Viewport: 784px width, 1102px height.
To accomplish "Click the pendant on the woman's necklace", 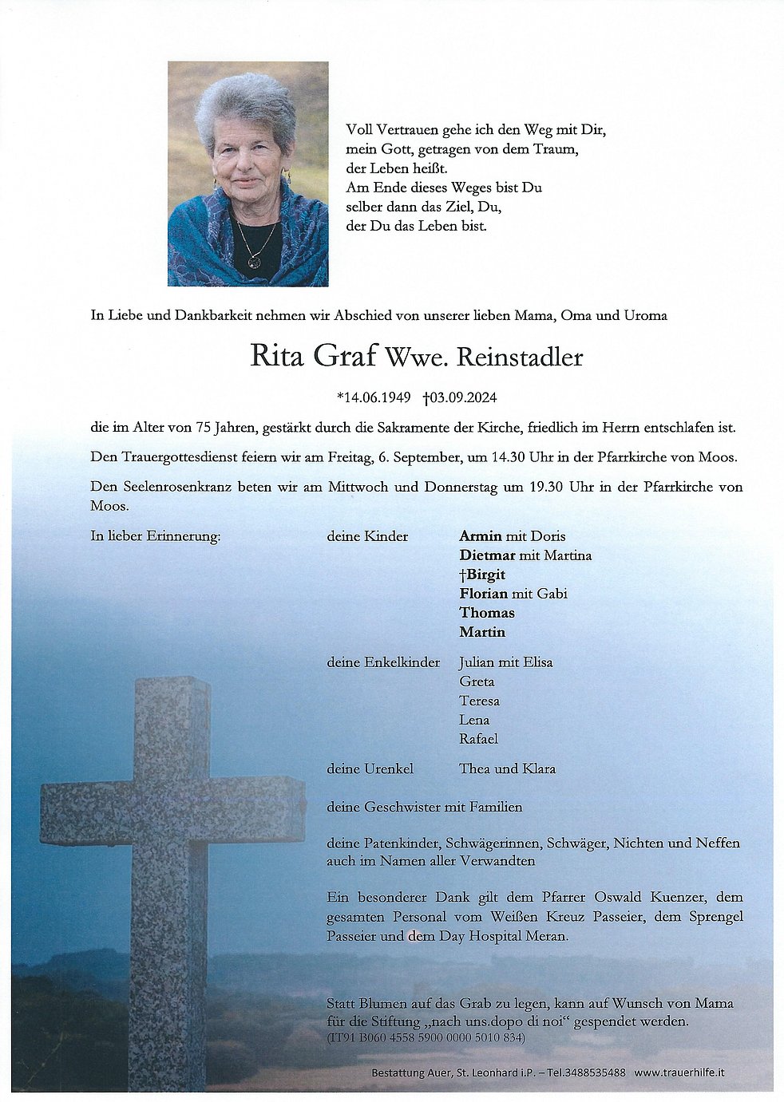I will coord(255,261).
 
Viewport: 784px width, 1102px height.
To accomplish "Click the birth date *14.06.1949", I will coord(374,397).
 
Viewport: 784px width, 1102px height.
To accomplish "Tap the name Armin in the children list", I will coord(481,536).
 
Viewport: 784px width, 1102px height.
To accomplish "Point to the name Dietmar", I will coord(487,555).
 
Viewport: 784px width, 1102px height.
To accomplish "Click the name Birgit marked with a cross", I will coord(485,575).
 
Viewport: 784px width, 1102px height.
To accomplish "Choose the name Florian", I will coord(483,594).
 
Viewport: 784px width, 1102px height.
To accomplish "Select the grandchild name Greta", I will coord(477,681).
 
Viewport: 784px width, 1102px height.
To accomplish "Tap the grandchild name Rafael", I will coord(478,739).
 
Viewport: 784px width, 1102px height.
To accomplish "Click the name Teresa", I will coord(479,701).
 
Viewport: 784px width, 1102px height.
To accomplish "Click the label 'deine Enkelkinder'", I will coord(383,662).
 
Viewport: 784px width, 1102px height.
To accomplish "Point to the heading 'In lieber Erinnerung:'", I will coord(156,536).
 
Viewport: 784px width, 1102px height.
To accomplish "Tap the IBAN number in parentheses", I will coord(426,1038).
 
